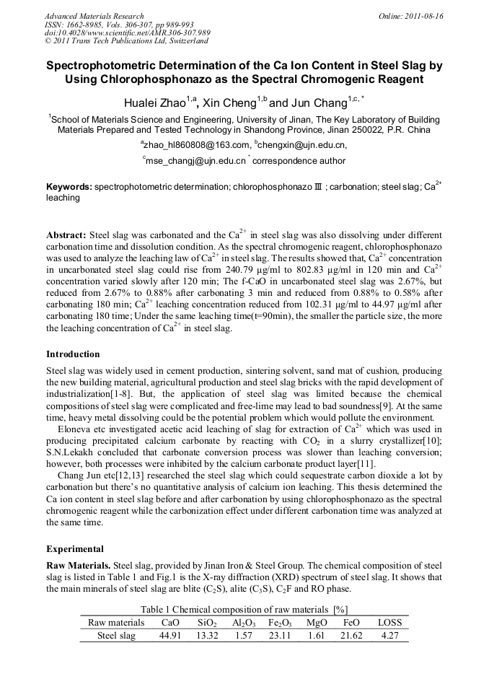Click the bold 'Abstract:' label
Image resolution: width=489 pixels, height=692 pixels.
point(66,236)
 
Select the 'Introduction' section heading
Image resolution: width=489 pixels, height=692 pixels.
point(73,354)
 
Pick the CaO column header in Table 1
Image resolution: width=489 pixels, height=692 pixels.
point(170,622)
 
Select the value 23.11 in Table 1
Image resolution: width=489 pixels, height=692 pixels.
point(280,636)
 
